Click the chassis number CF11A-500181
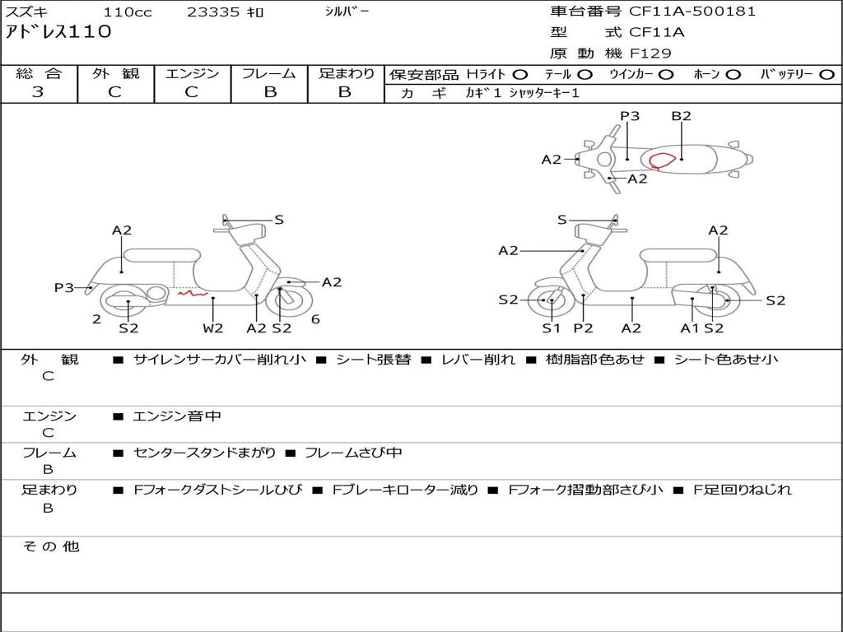pyautogui.click(x=692, y=12)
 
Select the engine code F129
pyautogui.click(x=650, y=53)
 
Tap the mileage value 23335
pyautogui.click(x=213, y=12)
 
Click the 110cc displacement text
pyautogui.click(x=126, y=12)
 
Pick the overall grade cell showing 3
pyautogui.click(x=38, y=92)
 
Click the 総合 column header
pyautogui.click(x=39, y=73)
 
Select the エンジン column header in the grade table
pyautogui.click(x=192, y=73)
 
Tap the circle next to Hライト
pyautogui.click(x=520, y=74)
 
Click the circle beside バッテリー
pyautogui.click(x=827, y=74)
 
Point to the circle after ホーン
pyautogui.click(x=734, y=74)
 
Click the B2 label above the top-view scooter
pyautogui.click(x=681, y=116)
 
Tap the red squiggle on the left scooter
pyautogui.click(x=192, y=291)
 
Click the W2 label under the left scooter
pyautogui.click(x=213, y=328)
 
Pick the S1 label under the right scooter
pyautogui.click(x=551, y=328)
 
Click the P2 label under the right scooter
pyautogui.click(x=583, y=328)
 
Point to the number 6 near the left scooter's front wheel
pyautogui.click(x=315, y=319)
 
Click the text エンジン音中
pyautogui.click(x=177, y=416)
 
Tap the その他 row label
pyautogui.click(x=50, y=546)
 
